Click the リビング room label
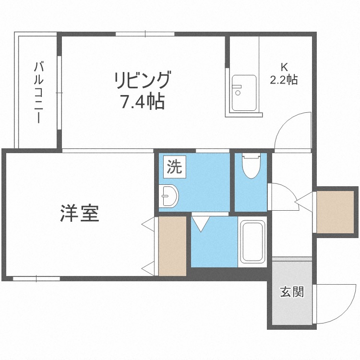click(142, 80)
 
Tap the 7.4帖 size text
click(142, 102)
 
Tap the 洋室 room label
click(80, 214)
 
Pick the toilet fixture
click(251, 166)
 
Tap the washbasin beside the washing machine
click(168, 196)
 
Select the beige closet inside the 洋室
click(172, 246)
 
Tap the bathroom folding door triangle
click(200, 223)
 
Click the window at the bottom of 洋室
click(36, 278)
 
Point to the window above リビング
click(145, 34)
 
